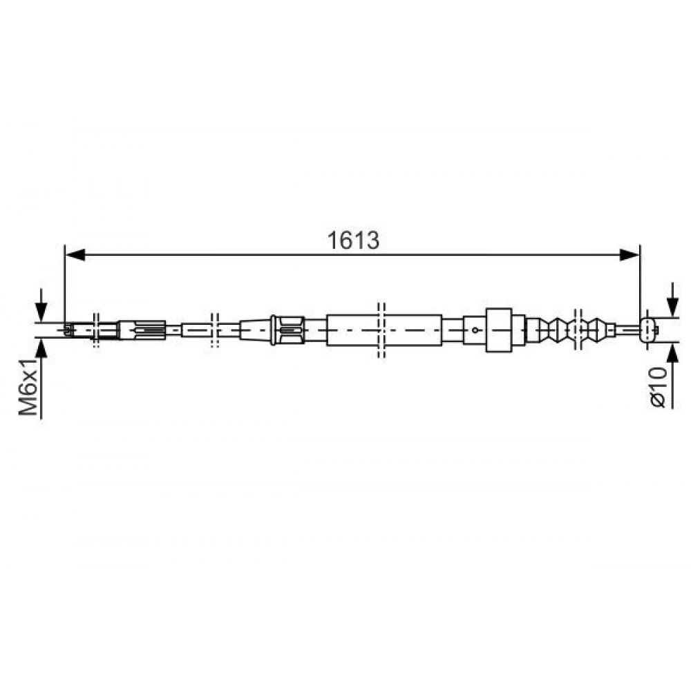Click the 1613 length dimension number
pyautogui.click(x=353, y=240)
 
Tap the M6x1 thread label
pyautogui.click(x=28, y=386)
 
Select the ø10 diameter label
pyautogui.click(x=658, y=387)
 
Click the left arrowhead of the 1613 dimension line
pyautogui.click(x=75, y=255)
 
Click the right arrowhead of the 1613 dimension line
pyautogui.click(x=630, y=255)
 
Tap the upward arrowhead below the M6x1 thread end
pyautogui.click(x=41, y=348)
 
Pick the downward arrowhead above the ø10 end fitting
pyautogui.click(x=672, y=307)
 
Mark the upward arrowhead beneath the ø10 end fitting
pyautogui.click(x=672, y=352)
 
